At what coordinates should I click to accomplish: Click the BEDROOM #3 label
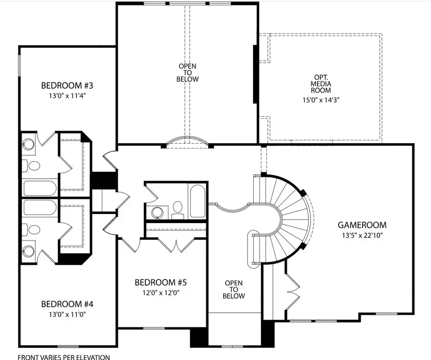67,86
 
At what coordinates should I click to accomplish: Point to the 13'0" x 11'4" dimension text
67,96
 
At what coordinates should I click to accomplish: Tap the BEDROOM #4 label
67,304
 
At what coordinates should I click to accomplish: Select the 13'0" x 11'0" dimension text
67,315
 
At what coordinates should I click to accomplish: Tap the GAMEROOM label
362,225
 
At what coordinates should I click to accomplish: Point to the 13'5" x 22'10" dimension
362,235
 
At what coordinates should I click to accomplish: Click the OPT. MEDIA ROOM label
321,84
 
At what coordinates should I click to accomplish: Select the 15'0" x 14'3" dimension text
321,100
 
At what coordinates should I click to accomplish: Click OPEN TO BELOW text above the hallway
188,72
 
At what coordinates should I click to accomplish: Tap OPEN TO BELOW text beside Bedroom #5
234,290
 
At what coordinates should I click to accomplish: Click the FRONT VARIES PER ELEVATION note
64,357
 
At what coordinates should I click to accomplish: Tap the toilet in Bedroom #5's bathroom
178,209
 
